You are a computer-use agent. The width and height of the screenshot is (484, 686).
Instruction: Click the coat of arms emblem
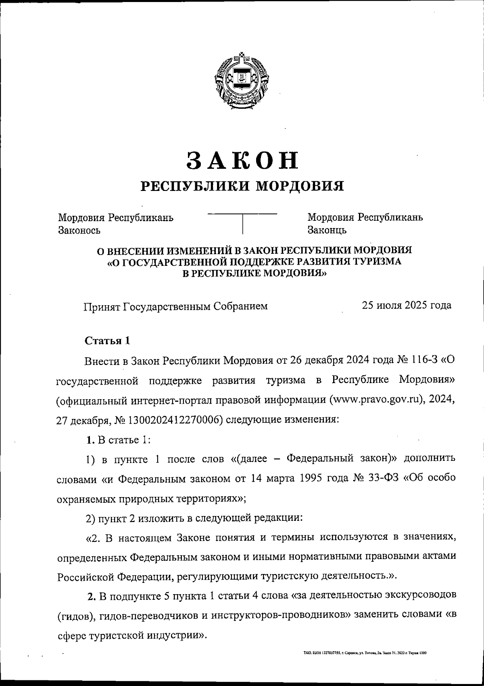click(x=242, y=80)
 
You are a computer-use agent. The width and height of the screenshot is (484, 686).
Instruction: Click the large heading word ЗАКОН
click(x=242, y=160)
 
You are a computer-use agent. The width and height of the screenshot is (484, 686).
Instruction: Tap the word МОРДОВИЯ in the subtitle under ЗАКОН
click(x=300, y=186)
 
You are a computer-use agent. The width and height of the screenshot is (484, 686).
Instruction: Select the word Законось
click(x=79, y=230)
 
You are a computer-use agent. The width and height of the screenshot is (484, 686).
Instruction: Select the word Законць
click(x=327, y=230)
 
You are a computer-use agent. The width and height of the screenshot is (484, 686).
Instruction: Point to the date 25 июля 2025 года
click(x=406, y=305)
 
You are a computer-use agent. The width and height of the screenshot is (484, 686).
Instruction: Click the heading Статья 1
click(x=107, y=340)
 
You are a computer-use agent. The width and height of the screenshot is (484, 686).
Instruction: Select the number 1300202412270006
click(x=176, y=420)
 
